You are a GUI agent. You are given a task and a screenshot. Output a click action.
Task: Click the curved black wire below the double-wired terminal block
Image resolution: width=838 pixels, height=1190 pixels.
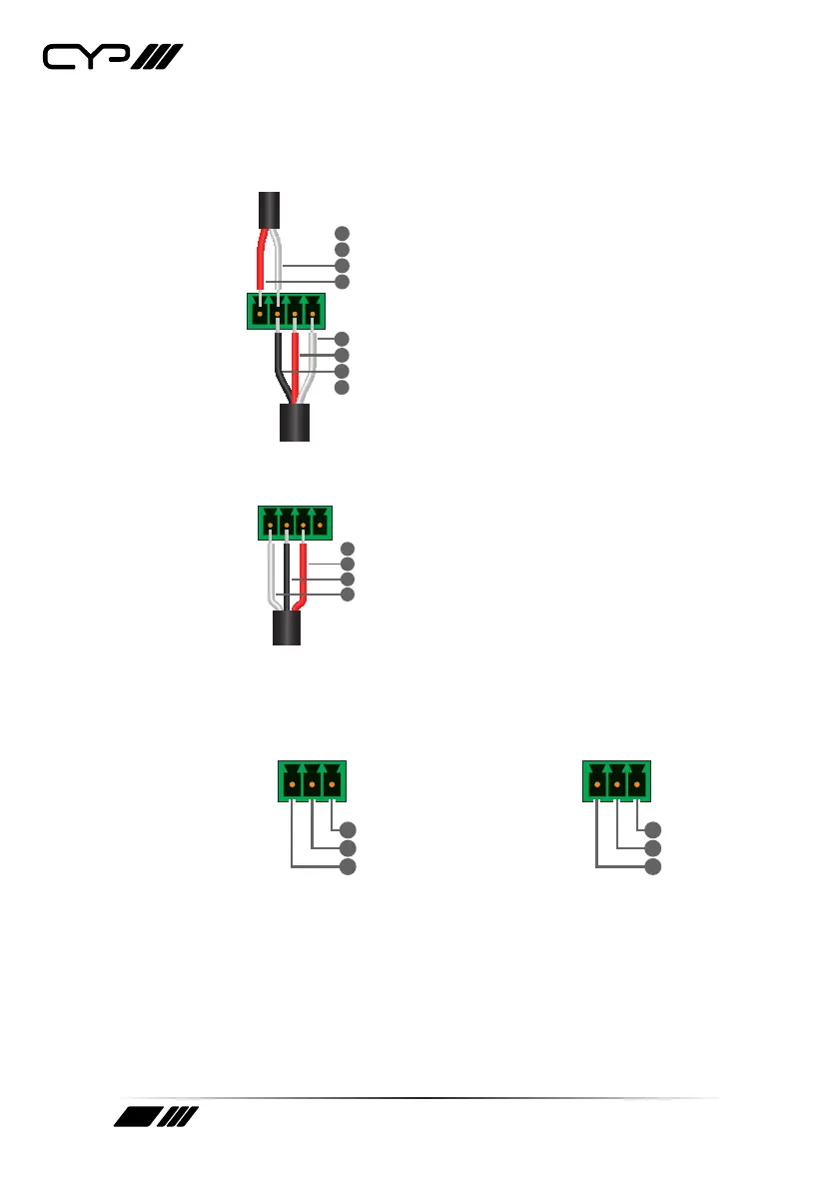pos(281,370)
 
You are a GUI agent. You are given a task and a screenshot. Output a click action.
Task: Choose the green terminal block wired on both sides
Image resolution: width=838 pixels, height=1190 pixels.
pos(286,311)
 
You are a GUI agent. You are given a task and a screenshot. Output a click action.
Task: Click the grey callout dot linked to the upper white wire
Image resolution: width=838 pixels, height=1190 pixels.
pos(342,266)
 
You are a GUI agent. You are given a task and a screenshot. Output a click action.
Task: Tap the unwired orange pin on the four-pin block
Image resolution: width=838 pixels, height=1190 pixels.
pos(321,525)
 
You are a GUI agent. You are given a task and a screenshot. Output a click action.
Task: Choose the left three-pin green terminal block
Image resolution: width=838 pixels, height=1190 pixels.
pos(313,780)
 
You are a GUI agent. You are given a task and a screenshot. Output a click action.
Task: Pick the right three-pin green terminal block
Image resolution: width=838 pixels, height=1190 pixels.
pos(617,780)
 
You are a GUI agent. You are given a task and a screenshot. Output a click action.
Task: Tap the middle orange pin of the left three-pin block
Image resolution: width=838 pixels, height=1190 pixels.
pos(313,786)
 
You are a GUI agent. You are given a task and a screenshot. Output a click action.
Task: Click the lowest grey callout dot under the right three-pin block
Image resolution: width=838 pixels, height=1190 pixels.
pos(652,866)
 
